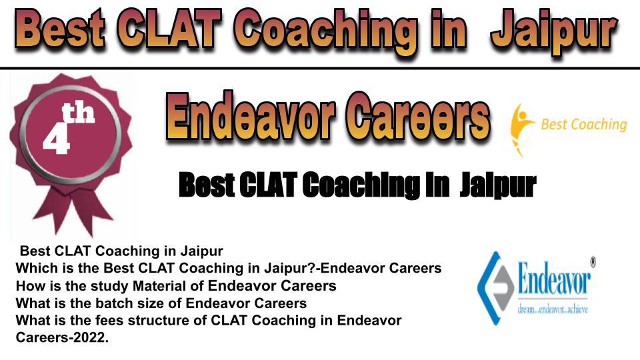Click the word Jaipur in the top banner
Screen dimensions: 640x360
tap(554, 31)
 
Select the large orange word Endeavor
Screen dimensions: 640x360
tap(252, 116)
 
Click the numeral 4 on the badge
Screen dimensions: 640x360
tap(56, 139)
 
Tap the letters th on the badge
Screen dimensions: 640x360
tap(78, 113)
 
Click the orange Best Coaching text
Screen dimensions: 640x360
tap(584, 125)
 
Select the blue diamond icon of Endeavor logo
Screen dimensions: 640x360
tap(495, 288)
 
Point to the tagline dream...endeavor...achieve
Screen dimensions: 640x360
tap(553, 309)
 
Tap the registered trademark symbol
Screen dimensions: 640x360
tap(593, 261)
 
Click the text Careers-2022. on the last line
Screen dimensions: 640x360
tap(63, 338)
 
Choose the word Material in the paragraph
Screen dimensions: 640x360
tap(160, 286)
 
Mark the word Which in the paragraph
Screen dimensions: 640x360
tap(35, 268)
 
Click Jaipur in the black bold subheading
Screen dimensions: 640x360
tap(498, 185)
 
